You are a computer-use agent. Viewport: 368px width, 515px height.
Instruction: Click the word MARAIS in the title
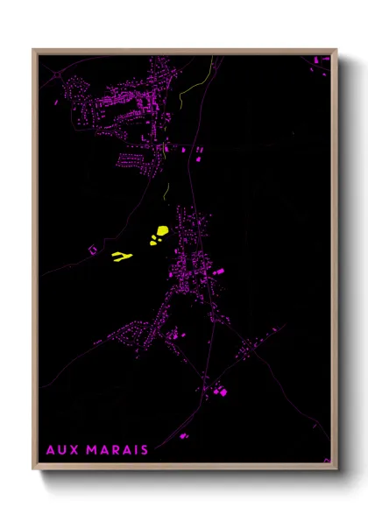[x=119, y=450]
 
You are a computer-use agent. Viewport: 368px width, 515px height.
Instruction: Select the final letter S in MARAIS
[x=144, y=450]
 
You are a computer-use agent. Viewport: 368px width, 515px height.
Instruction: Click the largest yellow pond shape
[x=162, y=232]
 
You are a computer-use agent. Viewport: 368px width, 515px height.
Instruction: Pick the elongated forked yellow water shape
[x=122, y=257]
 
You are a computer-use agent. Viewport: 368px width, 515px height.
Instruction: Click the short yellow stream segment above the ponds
[x=166, y=188]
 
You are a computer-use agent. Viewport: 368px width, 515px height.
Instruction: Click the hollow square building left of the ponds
[x=92, y=250]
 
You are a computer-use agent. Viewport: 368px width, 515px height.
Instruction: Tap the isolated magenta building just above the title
[x=183, y=435]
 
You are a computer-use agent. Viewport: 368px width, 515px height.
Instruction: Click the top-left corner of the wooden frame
[x=33, y=50]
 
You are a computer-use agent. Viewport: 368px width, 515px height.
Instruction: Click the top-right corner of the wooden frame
[x=336, y=50]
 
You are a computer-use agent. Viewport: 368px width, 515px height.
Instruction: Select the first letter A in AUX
[x=51, y=450]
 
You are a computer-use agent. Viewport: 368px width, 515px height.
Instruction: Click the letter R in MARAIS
[x=117, y=450]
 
